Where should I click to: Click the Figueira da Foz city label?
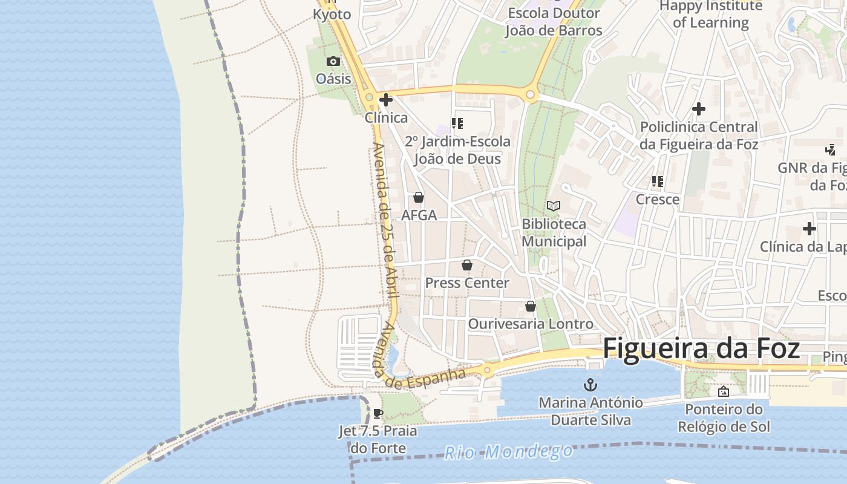701,349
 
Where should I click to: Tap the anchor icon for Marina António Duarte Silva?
590,385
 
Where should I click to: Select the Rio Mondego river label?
508,451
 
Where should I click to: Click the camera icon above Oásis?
333,61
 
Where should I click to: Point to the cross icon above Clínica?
386,100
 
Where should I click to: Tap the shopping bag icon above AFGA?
418,197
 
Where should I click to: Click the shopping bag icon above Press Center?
467,265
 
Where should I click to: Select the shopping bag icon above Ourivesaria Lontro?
531,306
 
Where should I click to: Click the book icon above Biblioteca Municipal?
554,206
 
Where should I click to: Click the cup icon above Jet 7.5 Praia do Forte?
378,414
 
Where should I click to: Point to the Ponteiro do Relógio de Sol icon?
723,391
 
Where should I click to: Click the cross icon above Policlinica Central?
699,109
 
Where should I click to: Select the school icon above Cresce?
658,181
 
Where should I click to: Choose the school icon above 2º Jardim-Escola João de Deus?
457,123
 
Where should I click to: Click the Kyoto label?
332,15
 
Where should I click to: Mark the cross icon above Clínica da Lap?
809,229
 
